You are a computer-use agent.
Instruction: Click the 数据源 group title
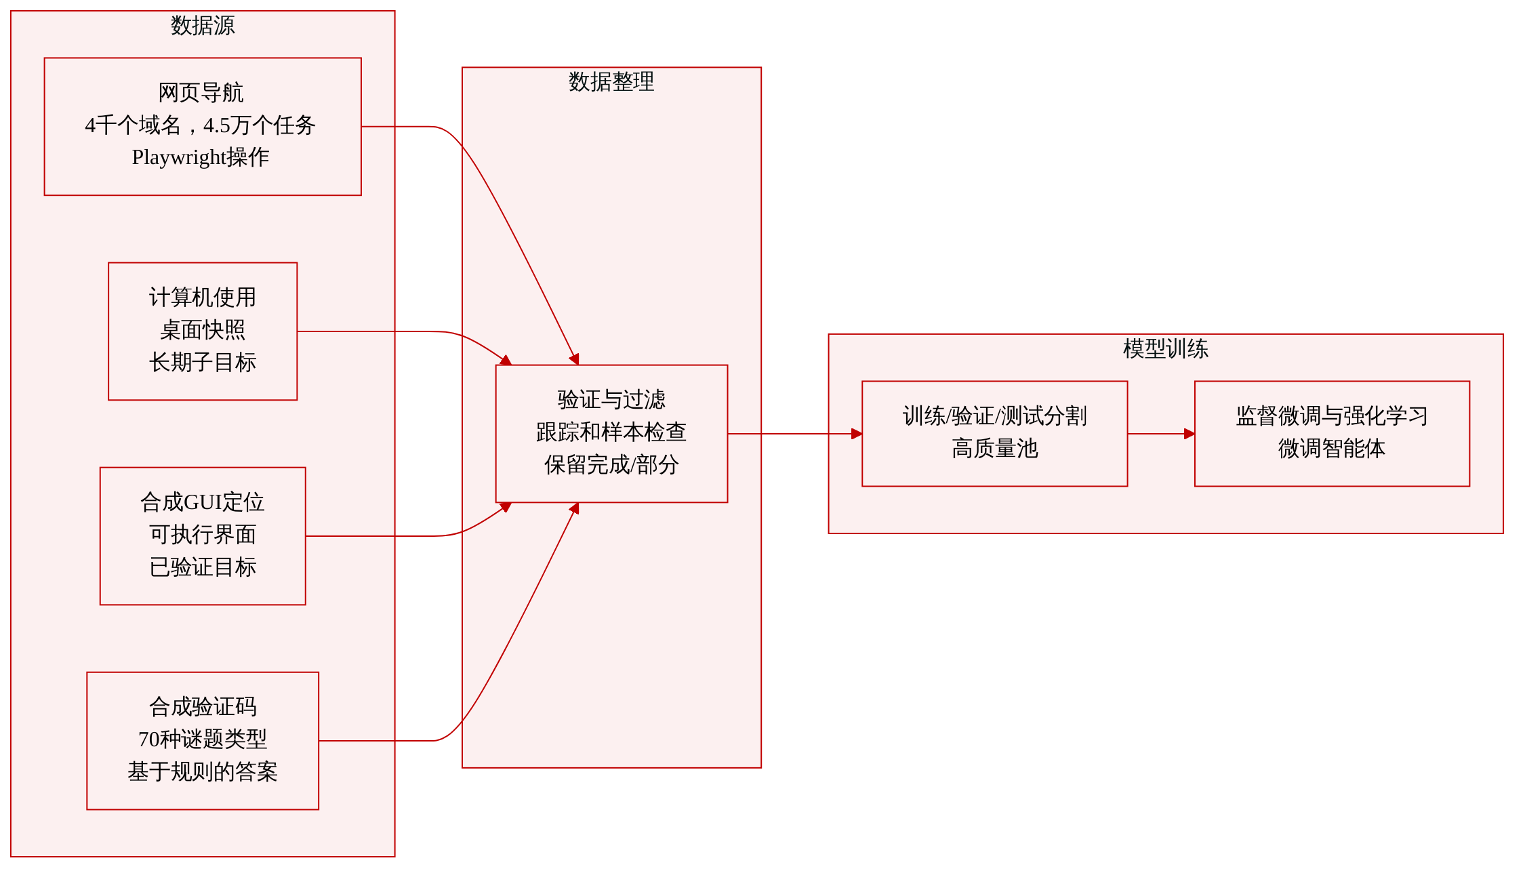[x=203, y=26]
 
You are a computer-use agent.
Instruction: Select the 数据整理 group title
[x=611, y=82]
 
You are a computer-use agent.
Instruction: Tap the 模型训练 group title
[x=1166, y=349]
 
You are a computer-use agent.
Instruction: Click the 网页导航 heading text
[x=201, y=93]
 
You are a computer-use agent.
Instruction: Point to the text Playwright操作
[x=201, y=157]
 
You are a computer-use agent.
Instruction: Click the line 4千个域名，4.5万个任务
[x=201, y=125]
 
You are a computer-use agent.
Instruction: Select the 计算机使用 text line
[x=203, y=298]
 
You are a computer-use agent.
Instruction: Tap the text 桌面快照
[x=203, y=330]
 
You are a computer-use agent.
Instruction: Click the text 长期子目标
[x=203, y=363]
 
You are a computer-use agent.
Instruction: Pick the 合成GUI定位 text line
[x=203, y=502]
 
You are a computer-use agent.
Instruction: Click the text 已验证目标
[x=203, y=567]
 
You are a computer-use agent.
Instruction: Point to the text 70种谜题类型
[x=203, y=739]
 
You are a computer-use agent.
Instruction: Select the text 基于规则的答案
[x=203, y=772]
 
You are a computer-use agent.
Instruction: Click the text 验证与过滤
[x=611, y=400]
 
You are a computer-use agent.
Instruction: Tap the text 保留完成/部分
[x=611, y=465]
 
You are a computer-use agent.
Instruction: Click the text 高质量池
[x=995, y=449]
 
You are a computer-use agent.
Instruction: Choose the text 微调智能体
[x=1332, y=449]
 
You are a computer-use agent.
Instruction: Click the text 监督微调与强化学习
[x=1332, y=416]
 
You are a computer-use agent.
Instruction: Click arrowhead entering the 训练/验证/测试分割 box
[x=857, y=434]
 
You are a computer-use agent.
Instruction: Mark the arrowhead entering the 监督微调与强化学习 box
[x=1189, y=434]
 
